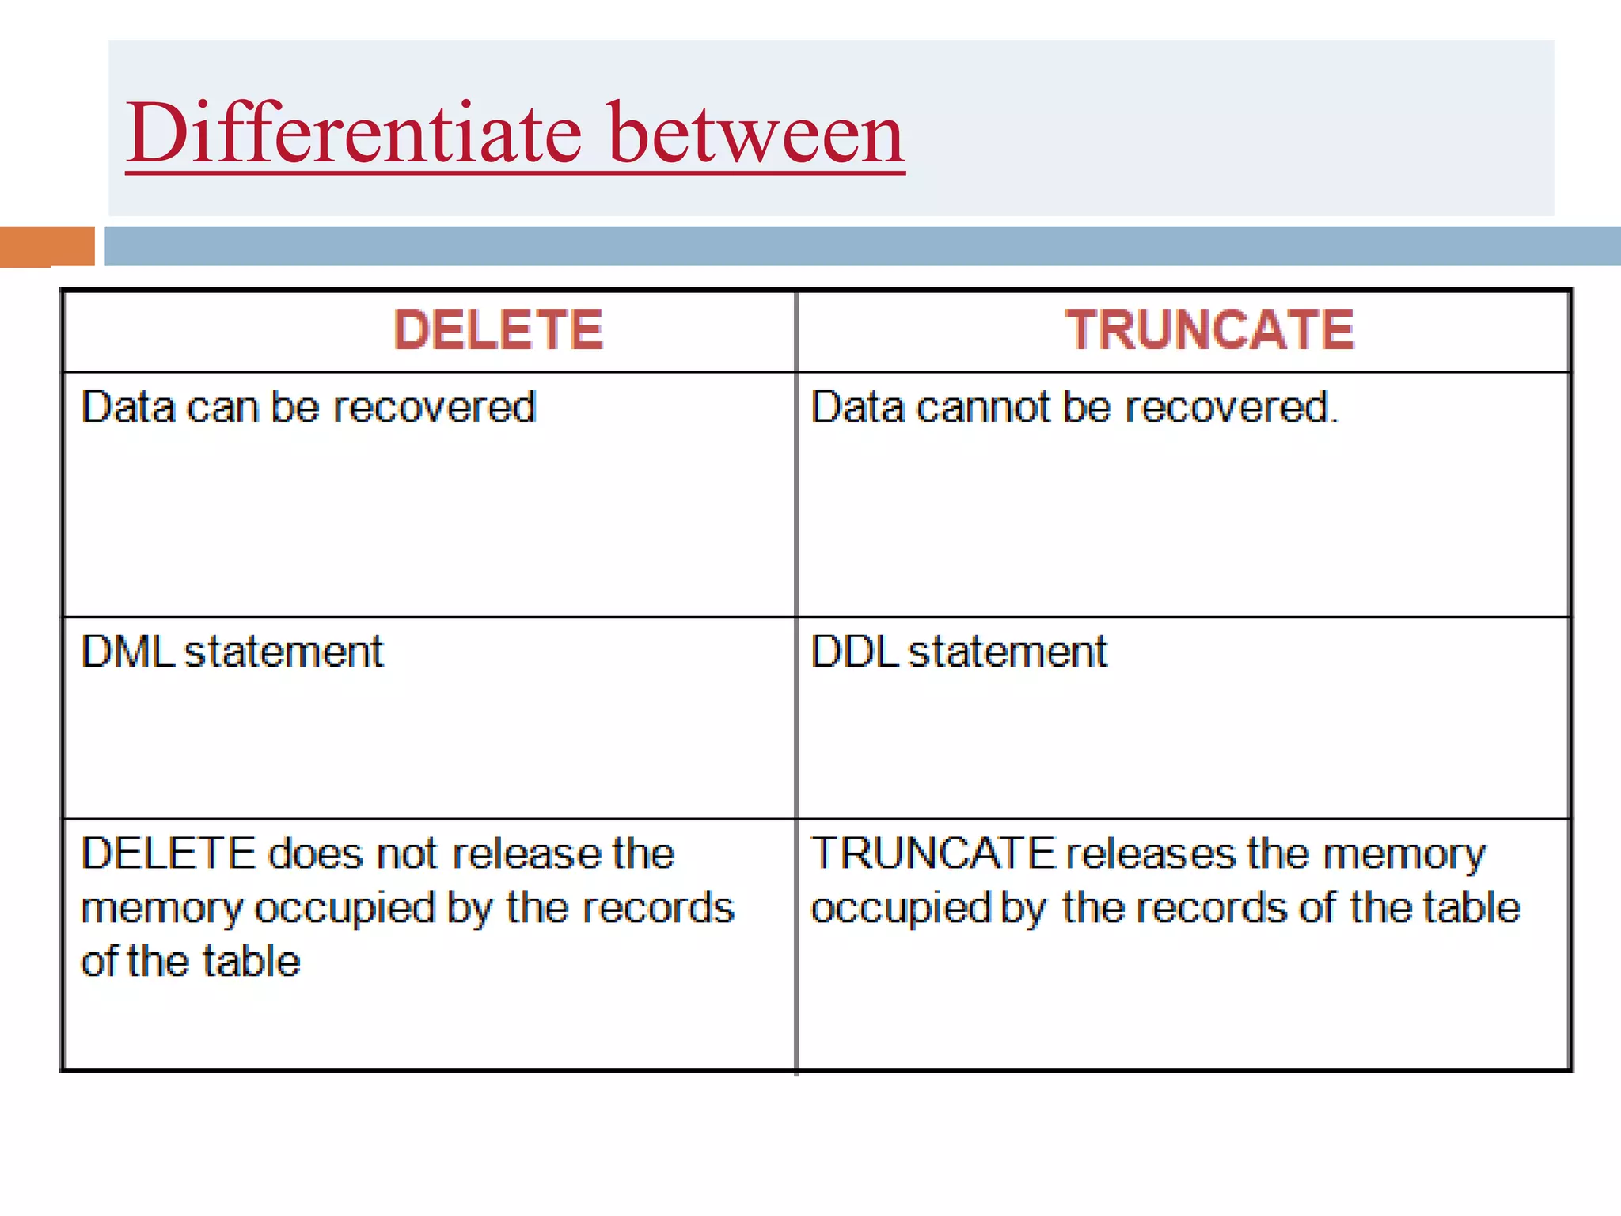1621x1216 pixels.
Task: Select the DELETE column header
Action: point(499,329)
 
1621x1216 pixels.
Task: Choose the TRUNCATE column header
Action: point(1209,329)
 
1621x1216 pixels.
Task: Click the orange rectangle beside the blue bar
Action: point(47,246)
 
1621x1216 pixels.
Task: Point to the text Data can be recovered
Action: point(309,407)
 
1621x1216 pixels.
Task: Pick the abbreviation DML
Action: point(127,652)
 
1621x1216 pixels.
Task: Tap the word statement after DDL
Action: point(1008,652)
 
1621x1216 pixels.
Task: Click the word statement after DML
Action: point(283,652)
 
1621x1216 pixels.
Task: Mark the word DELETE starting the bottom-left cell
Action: point(169,853)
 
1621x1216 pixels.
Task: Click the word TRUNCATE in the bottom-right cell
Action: point(933,853)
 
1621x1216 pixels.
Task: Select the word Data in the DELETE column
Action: point(128,407)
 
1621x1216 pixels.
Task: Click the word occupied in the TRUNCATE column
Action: point(901,908)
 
